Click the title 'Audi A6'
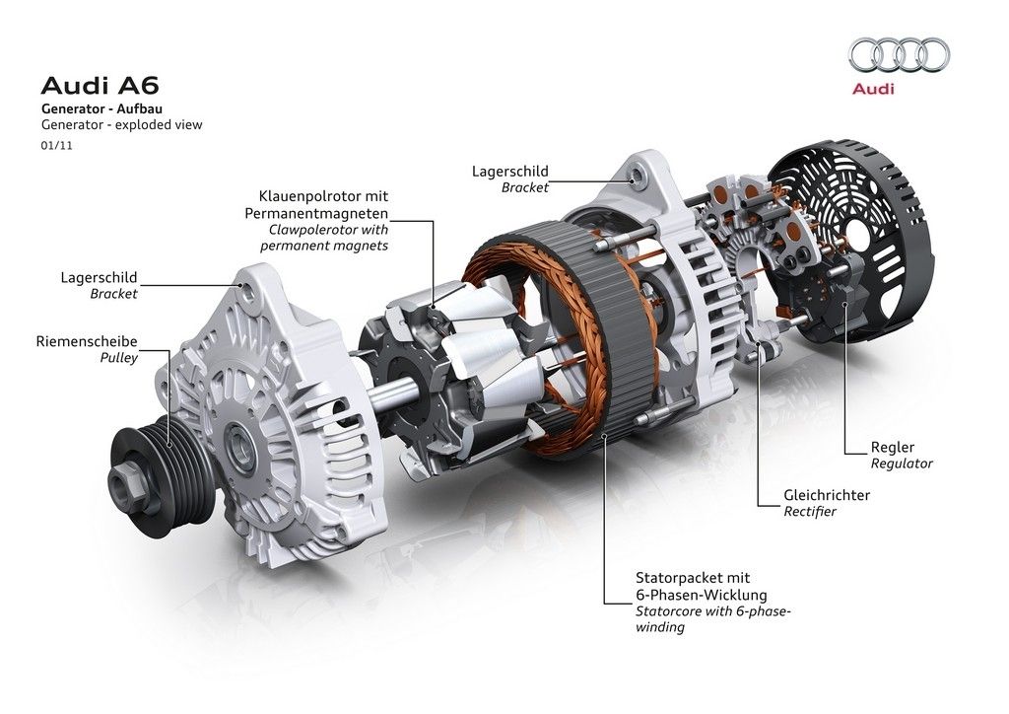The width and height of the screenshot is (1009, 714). (x=100, y=86)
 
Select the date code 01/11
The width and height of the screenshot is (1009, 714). (x=56, y=146)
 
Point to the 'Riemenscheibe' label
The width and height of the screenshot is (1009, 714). (x=87, y=341)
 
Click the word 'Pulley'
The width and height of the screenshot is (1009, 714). (x=119, y=357)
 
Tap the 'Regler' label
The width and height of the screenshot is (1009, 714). (x=893, y=447)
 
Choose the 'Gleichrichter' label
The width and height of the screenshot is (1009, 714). (x=827, y=495)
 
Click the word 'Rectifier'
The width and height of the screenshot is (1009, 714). (x=810, y=511)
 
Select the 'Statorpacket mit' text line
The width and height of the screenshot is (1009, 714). (x=693, y=578)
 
